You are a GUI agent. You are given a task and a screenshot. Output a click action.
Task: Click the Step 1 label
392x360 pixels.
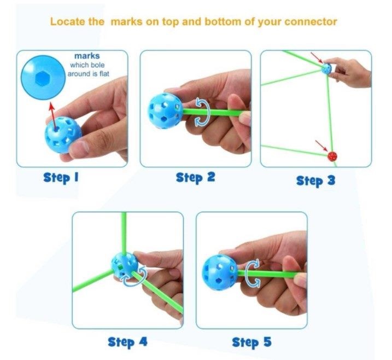[x=61, y=178]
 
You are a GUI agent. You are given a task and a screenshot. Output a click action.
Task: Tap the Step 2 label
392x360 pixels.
[x=195, y=177]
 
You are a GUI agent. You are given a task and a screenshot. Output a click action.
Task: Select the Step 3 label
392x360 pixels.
[x=315, y=181]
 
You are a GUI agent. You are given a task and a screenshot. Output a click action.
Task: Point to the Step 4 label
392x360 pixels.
[x=127, y=342]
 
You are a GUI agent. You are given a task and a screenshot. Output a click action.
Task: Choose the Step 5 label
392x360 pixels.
[x=251, y=342]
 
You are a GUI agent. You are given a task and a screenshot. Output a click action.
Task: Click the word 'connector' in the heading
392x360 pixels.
[x=311, y=22]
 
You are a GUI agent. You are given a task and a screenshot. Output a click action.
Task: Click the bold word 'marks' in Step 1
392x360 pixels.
[x=87, y=56]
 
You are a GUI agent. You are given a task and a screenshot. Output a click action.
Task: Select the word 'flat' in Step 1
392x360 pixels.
[x=104, y=74]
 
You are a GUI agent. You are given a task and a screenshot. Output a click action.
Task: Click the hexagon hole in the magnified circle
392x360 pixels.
[x=43, y=78]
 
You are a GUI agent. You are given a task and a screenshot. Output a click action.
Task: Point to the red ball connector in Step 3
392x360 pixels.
[x=332, y=156]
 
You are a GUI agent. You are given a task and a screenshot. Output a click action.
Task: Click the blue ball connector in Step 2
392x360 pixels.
[x=165, y=111]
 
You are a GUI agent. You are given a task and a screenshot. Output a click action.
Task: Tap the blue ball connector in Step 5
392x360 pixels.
[x=219, y=272]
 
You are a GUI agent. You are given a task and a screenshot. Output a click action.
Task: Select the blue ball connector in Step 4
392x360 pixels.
[x=125, y=265]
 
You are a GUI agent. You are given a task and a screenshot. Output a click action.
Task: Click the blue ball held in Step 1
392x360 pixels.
[x=63, y=135]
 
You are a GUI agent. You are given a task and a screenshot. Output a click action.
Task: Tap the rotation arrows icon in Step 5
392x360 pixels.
[x=253, y=274]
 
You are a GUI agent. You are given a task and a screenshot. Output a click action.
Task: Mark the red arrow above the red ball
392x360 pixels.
[x=321, y=146]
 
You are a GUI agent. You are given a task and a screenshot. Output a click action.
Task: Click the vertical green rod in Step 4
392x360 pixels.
[x=124, y=233]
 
